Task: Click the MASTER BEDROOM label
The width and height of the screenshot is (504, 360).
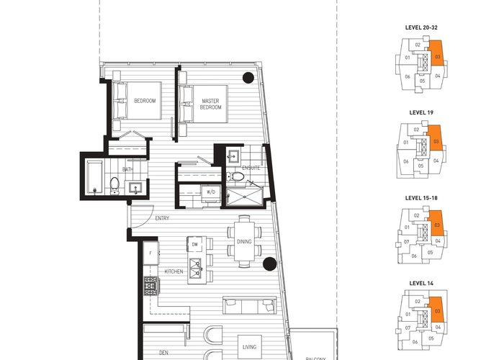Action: (210, 104)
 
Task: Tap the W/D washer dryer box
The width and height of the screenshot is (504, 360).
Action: (211, 192)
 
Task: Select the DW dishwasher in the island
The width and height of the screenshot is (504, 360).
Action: (195, 244)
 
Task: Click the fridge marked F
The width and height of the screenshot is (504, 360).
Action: (150, 253)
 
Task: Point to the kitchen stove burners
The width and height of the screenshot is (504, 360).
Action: (151, 286)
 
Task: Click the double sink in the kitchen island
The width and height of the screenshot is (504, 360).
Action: (195, 269)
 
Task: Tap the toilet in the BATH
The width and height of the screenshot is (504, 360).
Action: (114, 186)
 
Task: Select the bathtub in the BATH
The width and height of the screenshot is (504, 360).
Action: (94, 177)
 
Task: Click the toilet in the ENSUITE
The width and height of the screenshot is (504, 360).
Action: (235, 176)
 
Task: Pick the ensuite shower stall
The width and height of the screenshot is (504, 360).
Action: (244, 197)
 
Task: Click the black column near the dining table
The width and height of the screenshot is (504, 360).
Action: (270, 264)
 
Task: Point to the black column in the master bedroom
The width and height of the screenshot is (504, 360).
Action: (248, 78)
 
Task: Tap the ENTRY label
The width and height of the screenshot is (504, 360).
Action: (162, 218)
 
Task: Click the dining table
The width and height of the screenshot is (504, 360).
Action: (244, 241)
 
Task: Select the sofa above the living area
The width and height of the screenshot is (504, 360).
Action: (249, 305)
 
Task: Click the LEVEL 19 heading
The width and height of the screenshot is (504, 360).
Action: (421, 112)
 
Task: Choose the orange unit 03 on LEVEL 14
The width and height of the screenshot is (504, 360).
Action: (436, 309)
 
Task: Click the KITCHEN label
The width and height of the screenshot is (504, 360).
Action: (174, 271)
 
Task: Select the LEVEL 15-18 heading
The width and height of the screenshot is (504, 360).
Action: (421, 198)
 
